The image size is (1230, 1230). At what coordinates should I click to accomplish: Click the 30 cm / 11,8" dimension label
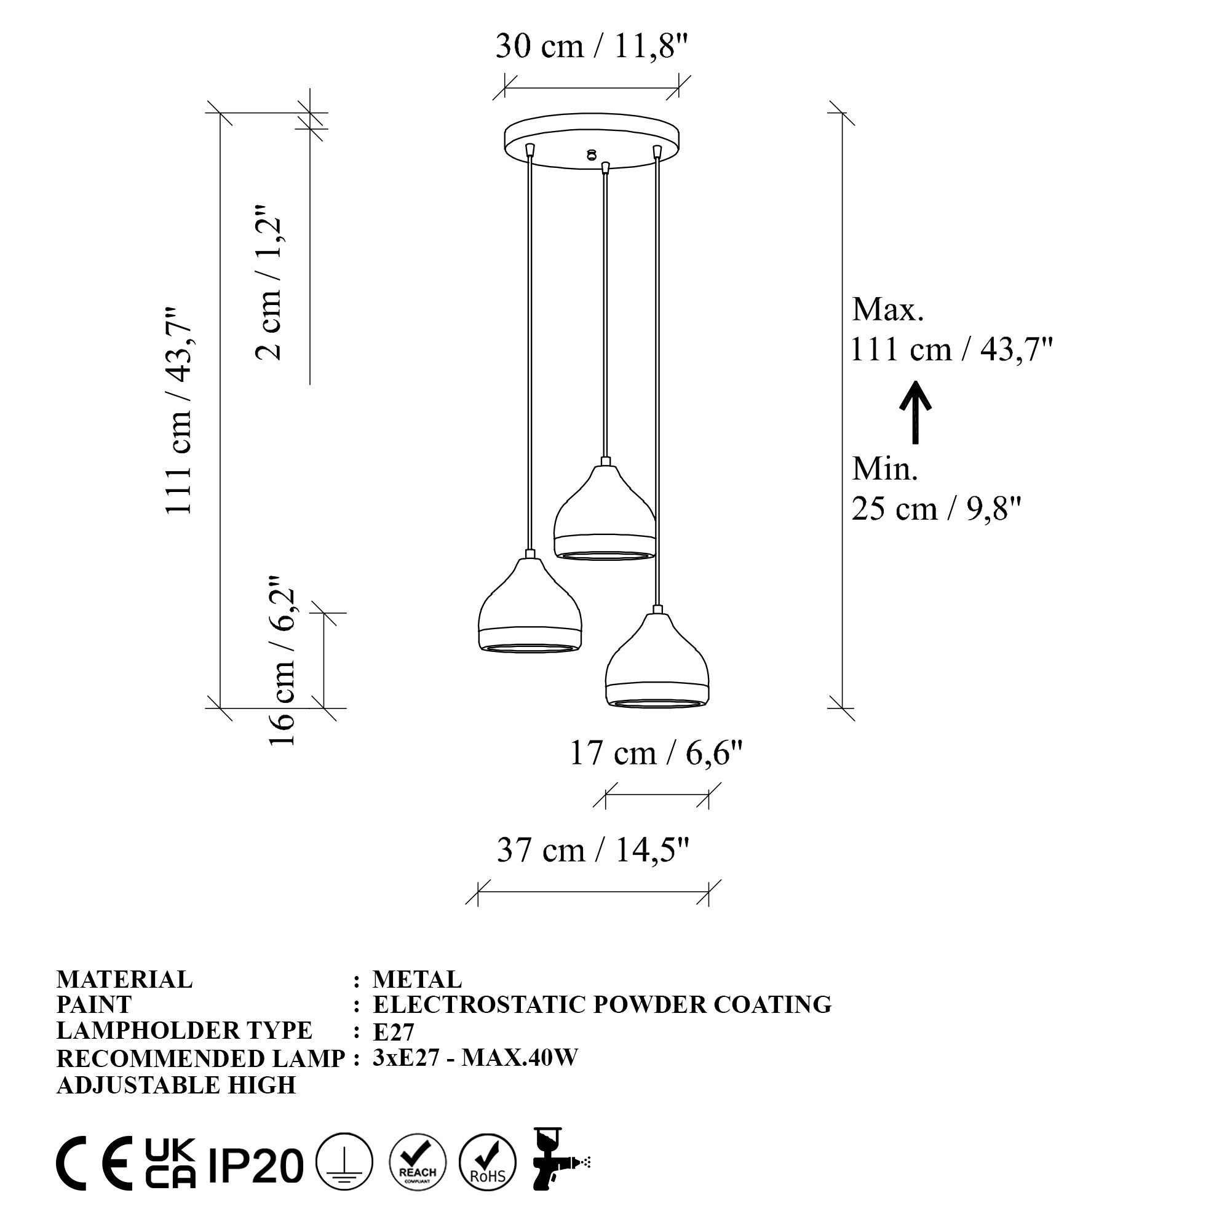592,47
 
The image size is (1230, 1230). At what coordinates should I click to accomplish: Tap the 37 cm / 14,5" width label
593,851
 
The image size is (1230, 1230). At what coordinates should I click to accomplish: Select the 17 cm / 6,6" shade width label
656,754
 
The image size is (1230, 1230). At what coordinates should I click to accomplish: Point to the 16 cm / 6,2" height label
282,662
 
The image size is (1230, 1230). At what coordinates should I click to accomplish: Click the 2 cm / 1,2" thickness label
268,283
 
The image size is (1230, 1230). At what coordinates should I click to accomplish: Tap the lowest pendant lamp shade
657,662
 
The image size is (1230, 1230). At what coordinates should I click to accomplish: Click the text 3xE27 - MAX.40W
475,1057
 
